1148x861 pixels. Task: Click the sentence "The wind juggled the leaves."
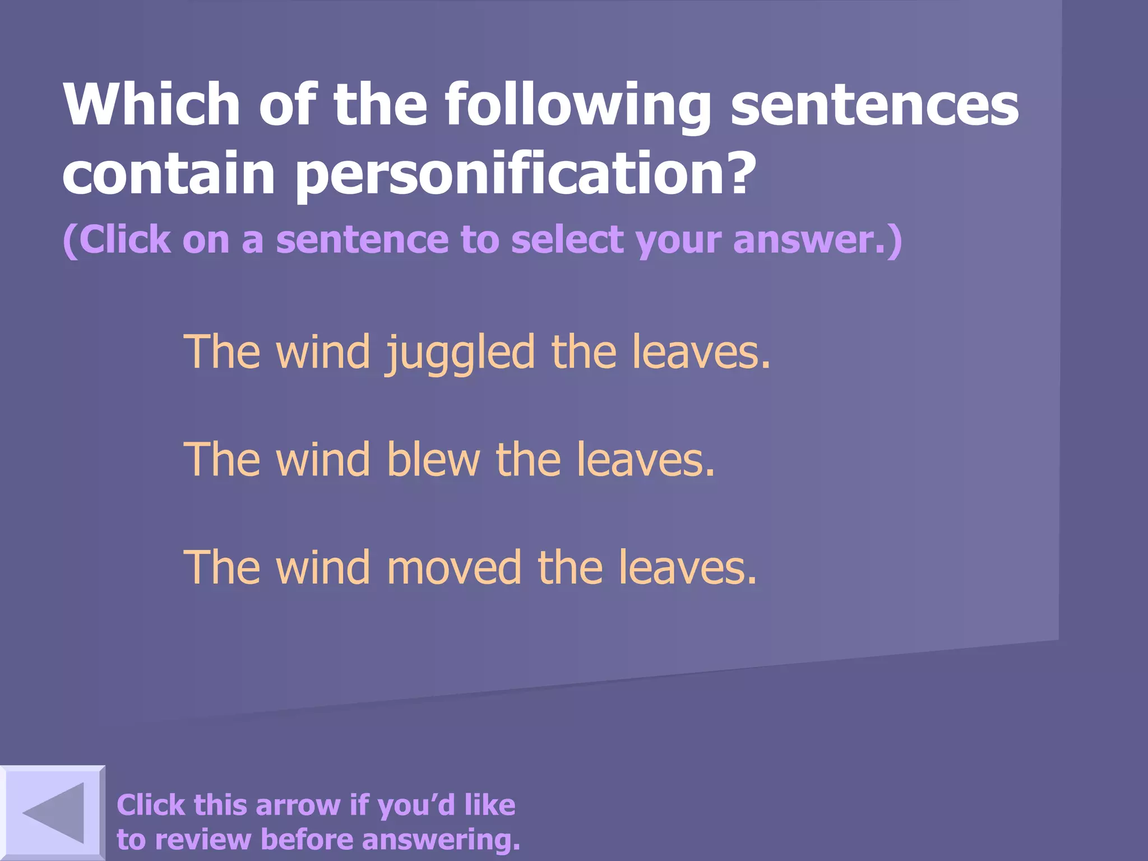tap(477, 352)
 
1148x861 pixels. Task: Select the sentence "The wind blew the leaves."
tap(450, 460)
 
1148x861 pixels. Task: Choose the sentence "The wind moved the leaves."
tap(470, 567)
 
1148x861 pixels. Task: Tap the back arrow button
tap(53, 813)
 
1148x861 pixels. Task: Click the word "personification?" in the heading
tap(525, 174)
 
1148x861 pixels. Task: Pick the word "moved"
tap(453, 567)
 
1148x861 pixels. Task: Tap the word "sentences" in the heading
tap(874, 105)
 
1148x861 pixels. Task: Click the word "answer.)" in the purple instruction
tap(817, 240)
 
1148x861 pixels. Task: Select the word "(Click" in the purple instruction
tap(117, 240)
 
